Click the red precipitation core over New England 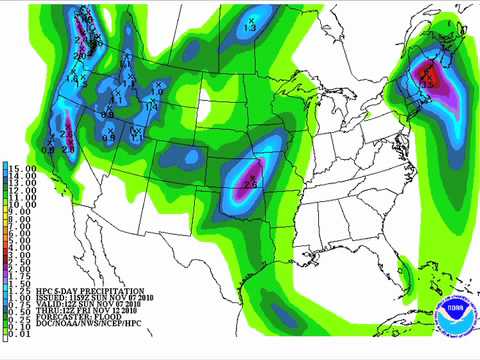(x=428, y=74)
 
